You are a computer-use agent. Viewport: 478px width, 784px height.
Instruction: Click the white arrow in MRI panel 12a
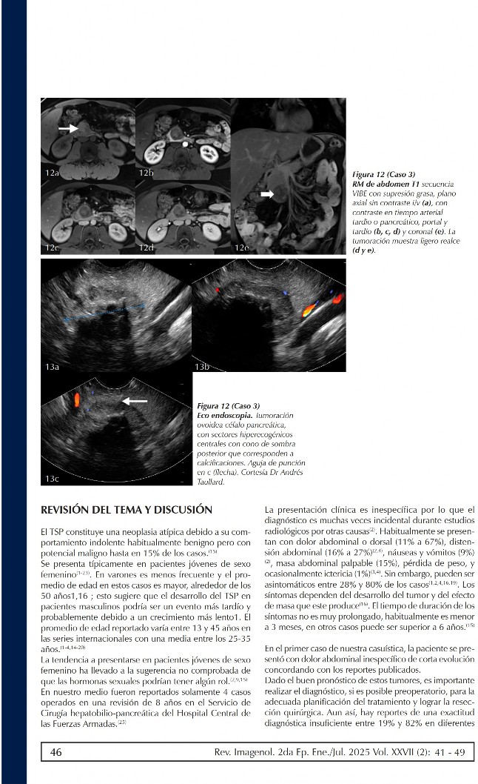(68, 128)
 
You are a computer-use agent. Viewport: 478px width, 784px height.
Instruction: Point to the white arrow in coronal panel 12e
(266, 193)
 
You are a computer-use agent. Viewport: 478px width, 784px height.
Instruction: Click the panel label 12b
(146, 173)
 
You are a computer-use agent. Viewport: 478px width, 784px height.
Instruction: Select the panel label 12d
(146, 247)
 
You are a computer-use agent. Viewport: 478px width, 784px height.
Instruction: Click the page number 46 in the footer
(55, 752)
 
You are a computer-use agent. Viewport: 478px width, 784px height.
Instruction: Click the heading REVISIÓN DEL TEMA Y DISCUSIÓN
(127, 510)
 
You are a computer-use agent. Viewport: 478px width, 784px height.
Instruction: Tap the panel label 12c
(52, 247)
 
